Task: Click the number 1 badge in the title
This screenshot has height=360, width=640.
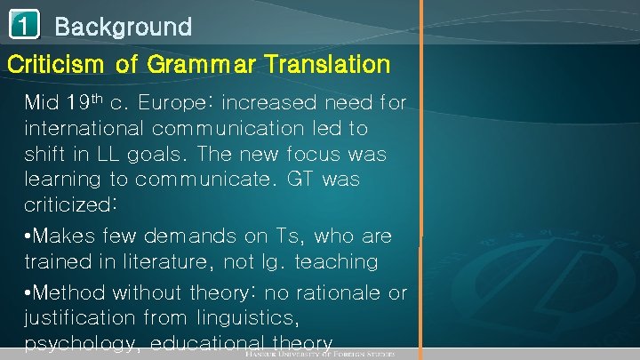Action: tap(24, 27)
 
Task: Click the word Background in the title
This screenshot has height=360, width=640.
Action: tap(123, 27)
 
